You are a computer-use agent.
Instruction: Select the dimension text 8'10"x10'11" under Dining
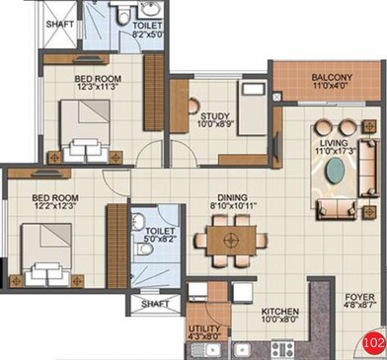(233, 206)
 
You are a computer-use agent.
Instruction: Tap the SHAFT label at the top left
(58, 21)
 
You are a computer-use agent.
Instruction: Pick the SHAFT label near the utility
(155, 305)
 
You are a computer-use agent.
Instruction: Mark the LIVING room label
(335, 141)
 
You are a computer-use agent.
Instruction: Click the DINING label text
(233, 195)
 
